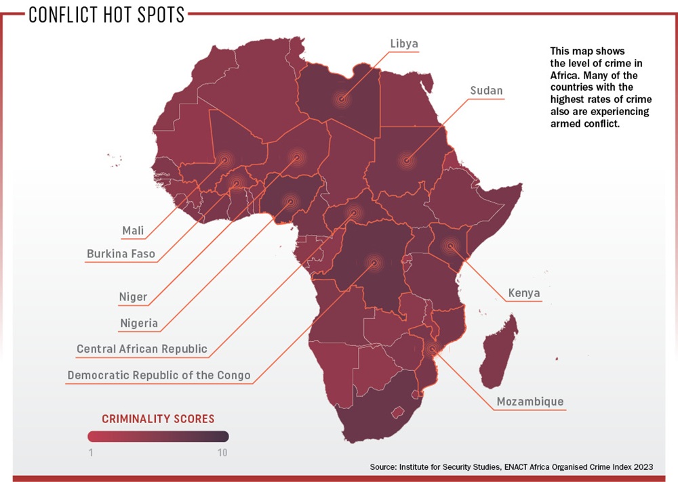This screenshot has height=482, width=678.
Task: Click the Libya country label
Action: click(x=404, y=44)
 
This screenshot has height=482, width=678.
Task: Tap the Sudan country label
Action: click(x=487, y=90)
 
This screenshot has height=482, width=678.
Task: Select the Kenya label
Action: click(x=524, y=293)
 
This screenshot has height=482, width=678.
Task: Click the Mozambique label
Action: click(x=530, y=401)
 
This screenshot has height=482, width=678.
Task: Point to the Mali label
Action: click(x=133, y=231)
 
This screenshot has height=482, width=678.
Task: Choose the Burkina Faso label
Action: click(x=121, y=255)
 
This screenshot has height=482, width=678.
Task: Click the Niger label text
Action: click(x=133, y=297)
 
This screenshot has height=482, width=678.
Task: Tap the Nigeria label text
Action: click(x=139, y=323)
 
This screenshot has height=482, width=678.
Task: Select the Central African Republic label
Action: click(x=142, y=349)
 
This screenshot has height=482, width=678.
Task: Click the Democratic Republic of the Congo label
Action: click(x=159, y=375)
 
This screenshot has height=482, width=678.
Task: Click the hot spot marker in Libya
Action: click(x=342, y=100)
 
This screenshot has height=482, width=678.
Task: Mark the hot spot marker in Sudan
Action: click(x=407, y=160)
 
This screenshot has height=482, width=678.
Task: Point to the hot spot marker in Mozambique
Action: click(x=433, y=349)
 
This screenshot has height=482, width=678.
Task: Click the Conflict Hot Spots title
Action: click(x=106, y=15)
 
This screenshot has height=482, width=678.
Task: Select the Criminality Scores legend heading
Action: click(x=158, y=418)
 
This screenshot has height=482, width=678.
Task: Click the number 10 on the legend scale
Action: click(x=222, y=452)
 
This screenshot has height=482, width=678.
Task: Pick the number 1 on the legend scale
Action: click(x=91, y=452)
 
